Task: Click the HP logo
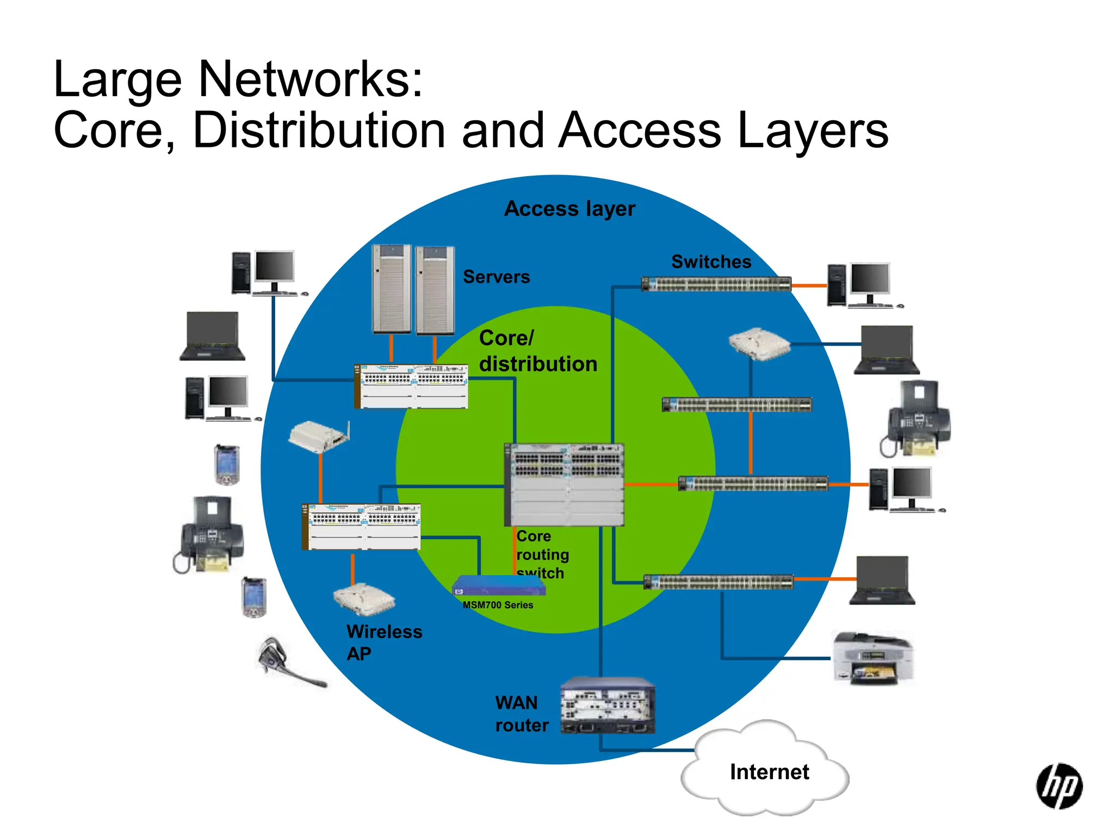click(x=1059, y=786)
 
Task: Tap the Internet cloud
click(x=767, y=772)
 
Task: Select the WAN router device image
click(x=608, y=706)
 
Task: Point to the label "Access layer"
click(x=570, y=209)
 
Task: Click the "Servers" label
click(x=496, y=277)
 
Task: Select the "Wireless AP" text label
click(x=383, y=643)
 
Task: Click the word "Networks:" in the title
click(x=311, y=80)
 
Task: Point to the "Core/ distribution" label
click(x=537, y=351)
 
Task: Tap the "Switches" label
click(x=711, y=262)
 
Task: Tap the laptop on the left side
click(x=212, y=337)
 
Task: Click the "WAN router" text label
click(x=521, y=714)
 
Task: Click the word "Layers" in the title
click(x=813, y=130)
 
